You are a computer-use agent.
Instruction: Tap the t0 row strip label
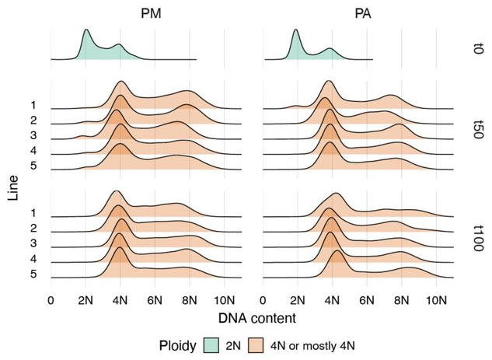coord(479,47)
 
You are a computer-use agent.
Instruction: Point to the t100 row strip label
coord(479,232)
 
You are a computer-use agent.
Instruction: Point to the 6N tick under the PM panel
coord(155,299)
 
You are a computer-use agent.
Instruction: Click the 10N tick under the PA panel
coord(436,299)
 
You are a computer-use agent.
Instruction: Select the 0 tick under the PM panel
coord(51,299)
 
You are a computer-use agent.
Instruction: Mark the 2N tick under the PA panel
coord(297,299)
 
